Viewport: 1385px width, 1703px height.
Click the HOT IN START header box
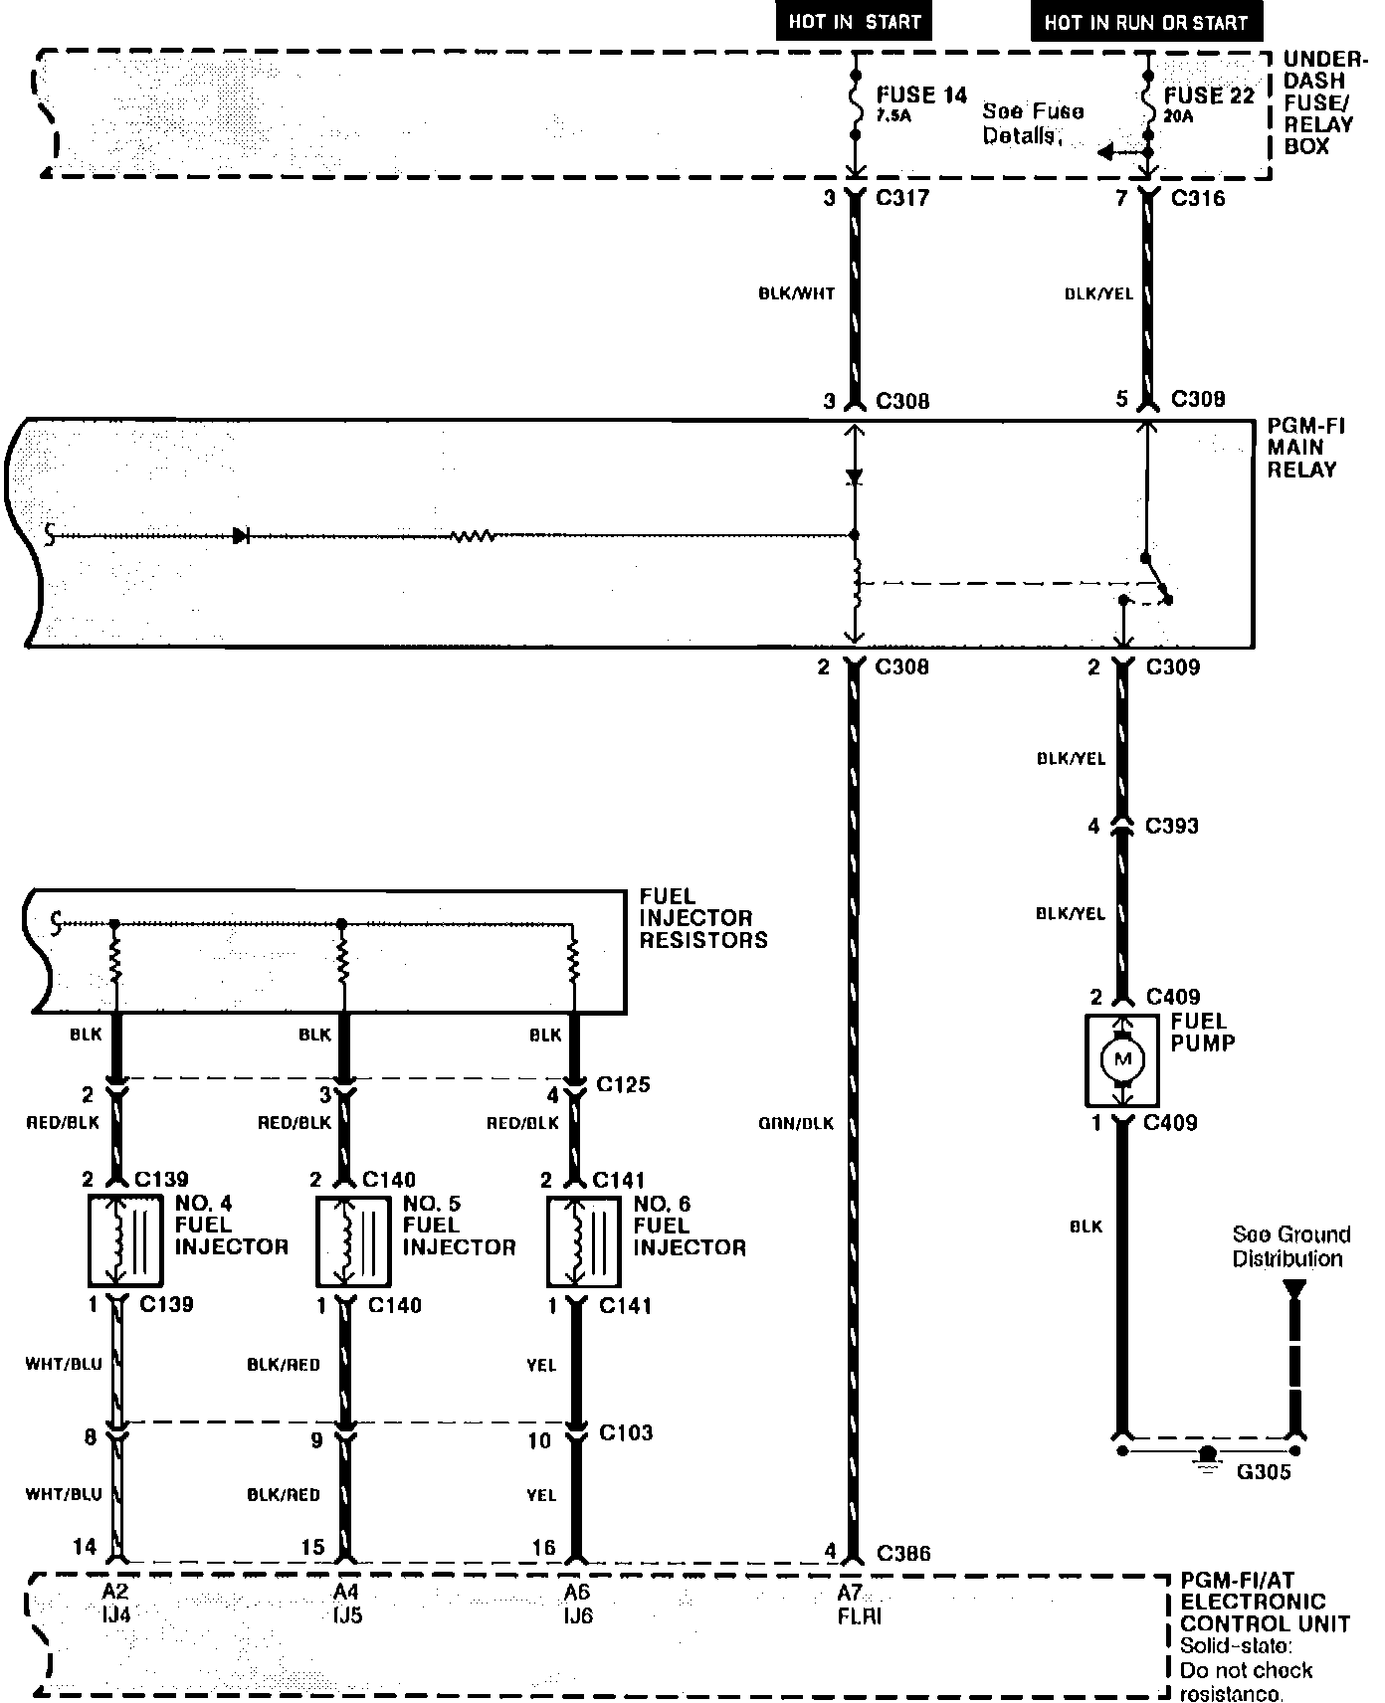coord(855,22)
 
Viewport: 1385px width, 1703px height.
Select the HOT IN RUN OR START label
coord(1145,22)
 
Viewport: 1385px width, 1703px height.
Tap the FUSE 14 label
coord(921,95)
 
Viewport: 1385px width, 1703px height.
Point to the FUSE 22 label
coord(1209,95)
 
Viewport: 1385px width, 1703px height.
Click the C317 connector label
coord(902,198)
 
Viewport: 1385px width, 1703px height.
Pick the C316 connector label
coord(1198,198)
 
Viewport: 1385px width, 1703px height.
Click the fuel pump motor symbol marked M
coord(1123,1060)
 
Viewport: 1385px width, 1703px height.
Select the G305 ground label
coord(1263,1472)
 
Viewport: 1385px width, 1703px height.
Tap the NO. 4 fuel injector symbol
coord(125,1241)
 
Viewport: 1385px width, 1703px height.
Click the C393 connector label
coord(1172,826)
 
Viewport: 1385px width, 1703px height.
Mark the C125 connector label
coord(623,1084)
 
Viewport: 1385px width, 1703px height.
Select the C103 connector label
coord(626,1433)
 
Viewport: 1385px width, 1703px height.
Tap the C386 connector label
coord(903,1553)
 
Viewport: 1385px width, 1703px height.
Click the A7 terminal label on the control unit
coord(849,1593)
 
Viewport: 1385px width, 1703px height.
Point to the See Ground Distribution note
coord(1290,1246)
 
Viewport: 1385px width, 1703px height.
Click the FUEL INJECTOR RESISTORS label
coord(702,918)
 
